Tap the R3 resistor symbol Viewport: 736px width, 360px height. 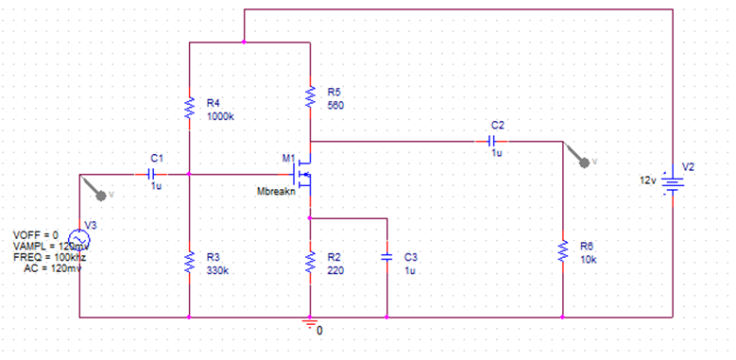click(190, 262)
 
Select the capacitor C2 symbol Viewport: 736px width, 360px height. click(491, 141)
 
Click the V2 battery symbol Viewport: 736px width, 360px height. click(672, 181)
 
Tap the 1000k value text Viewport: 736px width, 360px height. click(221, 116)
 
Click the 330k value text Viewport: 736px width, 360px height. click(216, 270)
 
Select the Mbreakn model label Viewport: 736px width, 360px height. click(277, 192)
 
